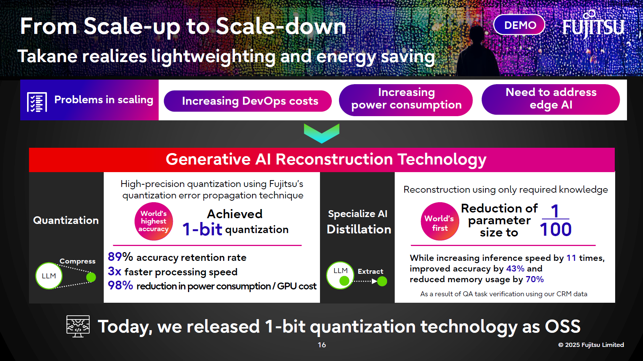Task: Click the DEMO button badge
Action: [x=519, y=25]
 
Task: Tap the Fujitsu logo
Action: [x=593, y=26]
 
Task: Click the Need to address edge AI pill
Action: [x=550, y=99]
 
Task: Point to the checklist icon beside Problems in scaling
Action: [x=37, y=102]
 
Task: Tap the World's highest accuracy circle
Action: [x=154, y=221]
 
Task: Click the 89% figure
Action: [x=120, y=257]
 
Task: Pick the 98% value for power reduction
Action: [x=120, y=285]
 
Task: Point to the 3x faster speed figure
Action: [x=114, y=271]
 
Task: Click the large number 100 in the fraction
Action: [x=555, y=230]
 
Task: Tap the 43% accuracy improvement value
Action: [x=515, y=268]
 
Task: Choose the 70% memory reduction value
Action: [x=535, y=279]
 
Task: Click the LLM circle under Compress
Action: [x=49, y=276]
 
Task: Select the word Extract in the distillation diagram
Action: [x=370, y=271]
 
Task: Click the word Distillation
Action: [x=359, y=229]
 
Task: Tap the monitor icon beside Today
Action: [x=78, y=326]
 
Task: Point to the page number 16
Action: [x=321, y=345]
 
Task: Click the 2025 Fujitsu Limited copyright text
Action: [x=591, y=345]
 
